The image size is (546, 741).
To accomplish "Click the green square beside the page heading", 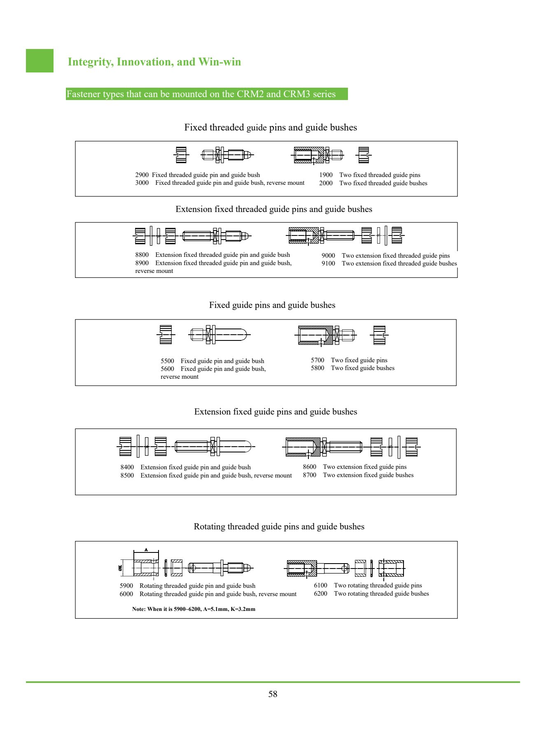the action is point(40,61).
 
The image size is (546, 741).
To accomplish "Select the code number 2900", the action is point(142,175).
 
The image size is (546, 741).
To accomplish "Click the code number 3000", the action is point(142,183).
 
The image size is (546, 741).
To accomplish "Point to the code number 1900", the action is point(326,175).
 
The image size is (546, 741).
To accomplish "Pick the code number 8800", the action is point(142,255).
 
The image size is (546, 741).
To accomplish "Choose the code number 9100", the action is point(328,263).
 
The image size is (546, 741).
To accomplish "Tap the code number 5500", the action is point(167,361).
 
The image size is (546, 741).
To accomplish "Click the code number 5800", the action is point(317,368).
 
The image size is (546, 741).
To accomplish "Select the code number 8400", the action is point(127,467).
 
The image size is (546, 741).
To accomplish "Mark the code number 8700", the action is point(310,475).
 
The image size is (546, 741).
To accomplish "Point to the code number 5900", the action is point(126,586).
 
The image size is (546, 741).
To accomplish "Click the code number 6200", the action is point(320,594).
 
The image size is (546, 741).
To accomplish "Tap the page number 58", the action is point(273,694).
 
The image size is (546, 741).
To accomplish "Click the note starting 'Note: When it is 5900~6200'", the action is point(194,609).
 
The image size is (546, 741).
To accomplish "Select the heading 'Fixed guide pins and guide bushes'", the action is point(272,305).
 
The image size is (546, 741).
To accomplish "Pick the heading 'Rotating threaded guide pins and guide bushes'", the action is point(279,527).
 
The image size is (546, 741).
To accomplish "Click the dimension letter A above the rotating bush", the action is point(146,550).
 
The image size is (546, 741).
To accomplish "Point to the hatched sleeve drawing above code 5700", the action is point(316,335).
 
